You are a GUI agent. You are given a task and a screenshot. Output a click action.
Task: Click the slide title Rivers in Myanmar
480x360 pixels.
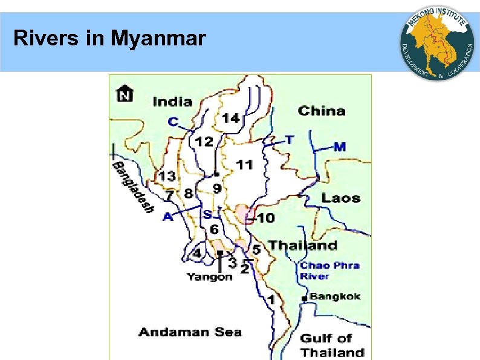(x=109, y=39)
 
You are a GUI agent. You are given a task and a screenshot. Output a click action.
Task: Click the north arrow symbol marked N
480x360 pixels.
(x=125, y=94)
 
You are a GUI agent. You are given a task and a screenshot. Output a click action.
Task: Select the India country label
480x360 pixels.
(x=172, y=102)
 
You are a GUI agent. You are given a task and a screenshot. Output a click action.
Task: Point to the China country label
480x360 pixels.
(x=322, y=111)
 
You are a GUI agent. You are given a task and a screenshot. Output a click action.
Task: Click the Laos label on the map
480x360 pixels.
(x=340, y=198)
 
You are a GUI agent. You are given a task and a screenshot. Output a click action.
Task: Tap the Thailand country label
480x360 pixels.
(x=303, y=245)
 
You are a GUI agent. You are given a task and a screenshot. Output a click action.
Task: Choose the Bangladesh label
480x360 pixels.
(x=132, y=188)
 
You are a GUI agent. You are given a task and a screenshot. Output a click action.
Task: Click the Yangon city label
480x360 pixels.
(x=209, y=277)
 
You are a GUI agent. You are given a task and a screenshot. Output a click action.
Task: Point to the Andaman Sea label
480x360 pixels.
(x=190, y=332)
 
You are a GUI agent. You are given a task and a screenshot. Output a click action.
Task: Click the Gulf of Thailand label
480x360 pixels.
(x=332, y=345)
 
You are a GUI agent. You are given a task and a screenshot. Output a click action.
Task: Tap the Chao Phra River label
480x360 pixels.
(x=329, y=270)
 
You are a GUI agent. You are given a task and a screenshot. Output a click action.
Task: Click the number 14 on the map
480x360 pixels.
(x=230, y=118)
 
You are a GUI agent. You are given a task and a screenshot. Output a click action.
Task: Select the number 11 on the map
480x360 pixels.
(x=244, y=165)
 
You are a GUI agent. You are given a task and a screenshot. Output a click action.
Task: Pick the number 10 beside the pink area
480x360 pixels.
(x=266, y=218)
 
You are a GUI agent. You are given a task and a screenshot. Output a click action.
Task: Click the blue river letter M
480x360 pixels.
(x=340, y=146)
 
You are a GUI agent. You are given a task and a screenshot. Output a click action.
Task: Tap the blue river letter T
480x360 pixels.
(x=290, y=140)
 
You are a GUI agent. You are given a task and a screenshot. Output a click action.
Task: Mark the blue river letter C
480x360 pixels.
(x=174, y=122)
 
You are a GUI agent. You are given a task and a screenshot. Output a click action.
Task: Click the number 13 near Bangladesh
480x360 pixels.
(x=167, y=176)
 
